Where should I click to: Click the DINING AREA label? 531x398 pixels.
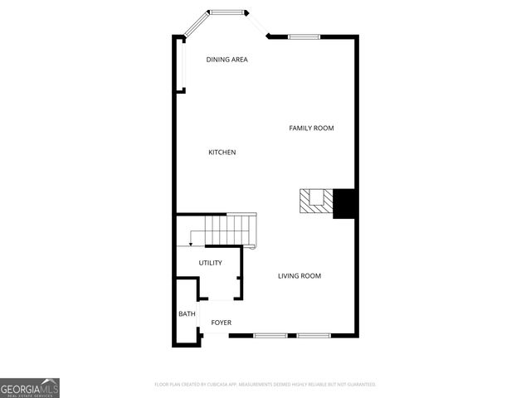(227, 60)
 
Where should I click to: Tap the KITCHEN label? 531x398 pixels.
(222, 153)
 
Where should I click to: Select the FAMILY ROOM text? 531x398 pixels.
(311, 128)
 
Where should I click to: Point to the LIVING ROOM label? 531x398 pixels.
(299, 276)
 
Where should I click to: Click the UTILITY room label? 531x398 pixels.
(210, 263)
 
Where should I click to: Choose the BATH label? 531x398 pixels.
(187, 314)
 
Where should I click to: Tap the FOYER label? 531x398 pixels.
(221, 323)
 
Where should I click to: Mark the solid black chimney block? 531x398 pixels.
(344, 203)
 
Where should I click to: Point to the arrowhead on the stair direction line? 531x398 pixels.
(191, 244)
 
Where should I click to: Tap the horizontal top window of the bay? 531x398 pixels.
(227, 12)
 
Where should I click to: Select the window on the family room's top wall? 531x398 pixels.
(304, 36)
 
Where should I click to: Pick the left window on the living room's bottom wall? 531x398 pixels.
(270, 335)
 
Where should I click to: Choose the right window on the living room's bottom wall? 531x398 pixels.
(314, 335)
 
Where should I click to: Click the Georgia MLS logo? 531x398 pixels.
(30, 387)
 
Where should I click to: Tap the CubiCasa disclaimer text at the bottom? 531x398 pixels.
(265, 385)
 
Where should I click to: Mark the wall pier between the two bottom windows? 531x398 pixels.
(292, 335)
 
